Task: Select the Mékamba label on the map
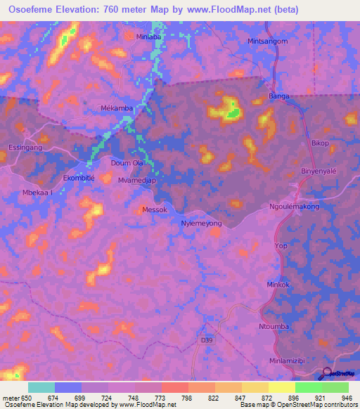point(117,108)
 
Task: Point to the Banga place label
point(280,96)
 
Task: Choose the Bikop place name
point(320,143)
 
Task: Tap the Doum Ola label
point(127,163)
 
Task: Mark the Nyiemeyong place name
point(201,223)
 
